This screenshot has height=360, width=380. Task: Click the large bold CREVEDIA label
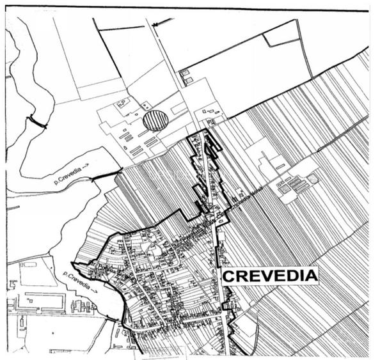click(x=269, y=276)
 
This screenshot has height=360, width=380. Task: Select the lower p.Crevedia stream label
click(x=80, y=278)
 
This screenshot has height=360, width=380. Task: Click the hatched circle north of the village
click(x=155, y=120)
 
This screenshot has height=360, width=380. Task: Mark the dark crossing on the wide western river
click(x=38, y=122)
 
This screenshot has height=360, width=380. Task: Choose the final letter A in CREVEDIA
click(x=312, y=276)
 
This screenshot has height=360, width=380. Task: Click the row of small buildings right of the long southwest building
click(x=82, y=306)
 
